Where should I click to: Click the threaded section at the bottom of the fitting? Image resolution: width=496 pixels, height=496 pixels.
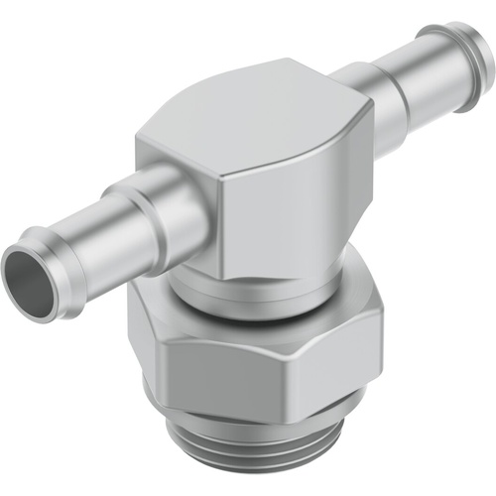point(268,461)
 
